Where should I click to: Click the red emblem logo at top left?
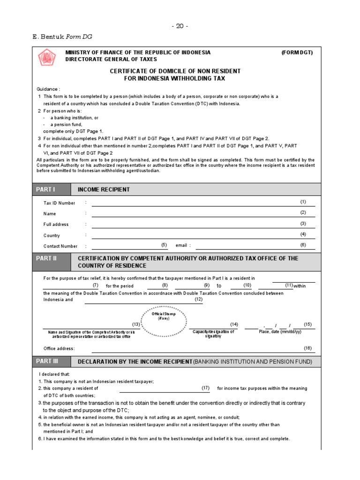46,59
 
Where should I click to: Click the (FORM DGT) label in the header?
297,52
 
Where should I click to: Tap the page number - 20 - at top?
180,26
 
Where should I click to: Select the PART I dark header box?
51,189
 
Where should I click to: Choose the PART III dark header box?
51,362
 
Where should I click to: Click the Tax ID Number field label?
59,203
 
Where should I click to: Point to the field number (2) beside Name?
303,212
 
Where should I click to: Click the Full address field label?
56,225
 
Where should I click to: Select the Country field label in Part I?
52,235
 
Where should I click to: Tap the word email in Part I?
181,246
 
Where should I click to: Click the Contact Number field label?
60,246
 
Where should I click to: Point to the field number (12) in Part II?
199,299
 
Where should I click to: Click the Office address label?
59,348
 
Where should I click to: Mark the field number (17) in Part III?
205,388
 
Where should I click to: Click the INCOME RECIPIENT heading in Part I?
104,189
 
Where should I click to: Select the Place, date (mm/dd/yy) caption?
280,332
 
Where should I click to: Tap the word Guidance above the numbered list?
48,89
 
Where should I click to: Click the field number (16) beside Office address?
307,347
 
